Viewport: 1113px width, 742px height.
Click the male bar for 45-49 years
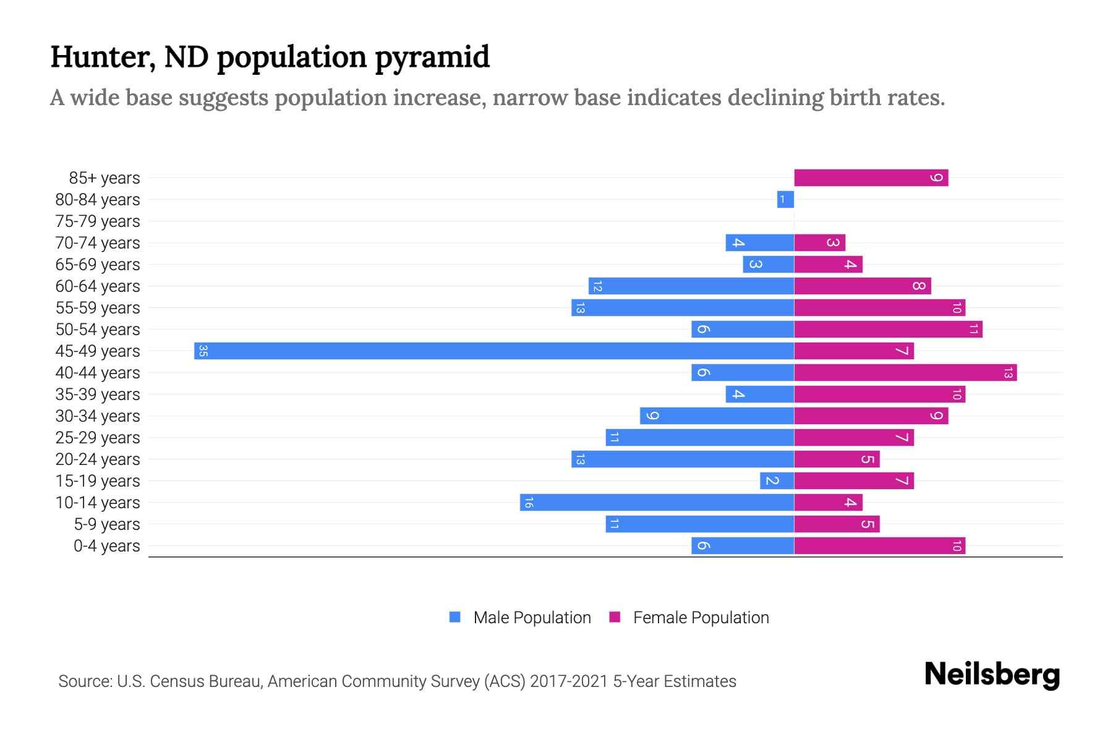495,351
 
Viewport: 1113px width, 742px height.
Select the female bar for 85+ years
871,177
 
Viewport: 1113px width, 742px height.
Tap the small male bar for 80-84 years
785,199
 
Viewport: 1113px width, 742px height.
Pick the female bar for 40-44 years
905,372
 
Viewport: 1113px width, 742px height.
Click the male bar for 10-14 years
657,502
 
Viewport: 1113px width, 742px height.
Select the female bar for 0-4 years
879,545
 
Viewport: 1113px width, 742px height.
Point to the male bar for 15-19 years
777,480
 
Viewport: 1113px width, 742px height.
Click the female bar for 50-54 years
888,329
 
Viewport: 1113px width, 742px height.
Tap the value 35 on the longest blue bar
203,351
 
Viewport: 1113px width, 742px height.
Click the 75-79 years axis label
98,221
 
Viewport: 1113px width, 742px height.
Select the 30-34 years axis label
98,416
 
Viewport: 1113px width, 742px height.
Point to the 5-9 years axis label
107,524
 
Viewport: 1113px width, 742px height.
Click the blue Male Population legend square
455,617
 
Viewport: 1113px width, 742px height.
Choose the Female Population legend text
701,617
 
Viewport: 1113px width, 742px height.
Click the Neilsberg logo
992,674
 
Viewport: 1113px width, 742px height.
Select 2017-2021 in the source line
568,681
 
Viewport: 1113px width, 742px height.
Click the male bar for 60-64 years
691,286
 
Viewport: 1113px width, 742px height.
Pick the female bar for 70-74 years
819,242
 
